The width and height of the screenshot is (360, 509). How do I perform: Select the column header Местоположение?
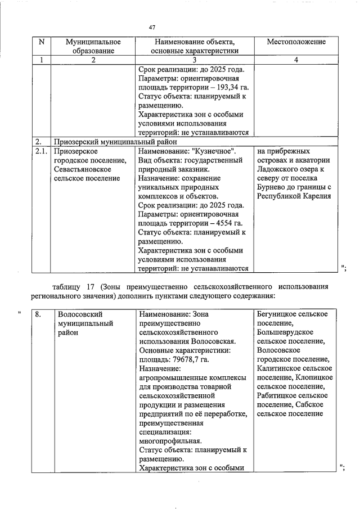[x=295, y=42]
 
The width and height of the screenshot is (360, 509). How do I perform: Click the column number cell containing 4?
[x=296, y=60]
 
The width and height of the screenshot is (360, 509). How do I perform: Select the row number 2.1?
[x=41, y=151]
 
